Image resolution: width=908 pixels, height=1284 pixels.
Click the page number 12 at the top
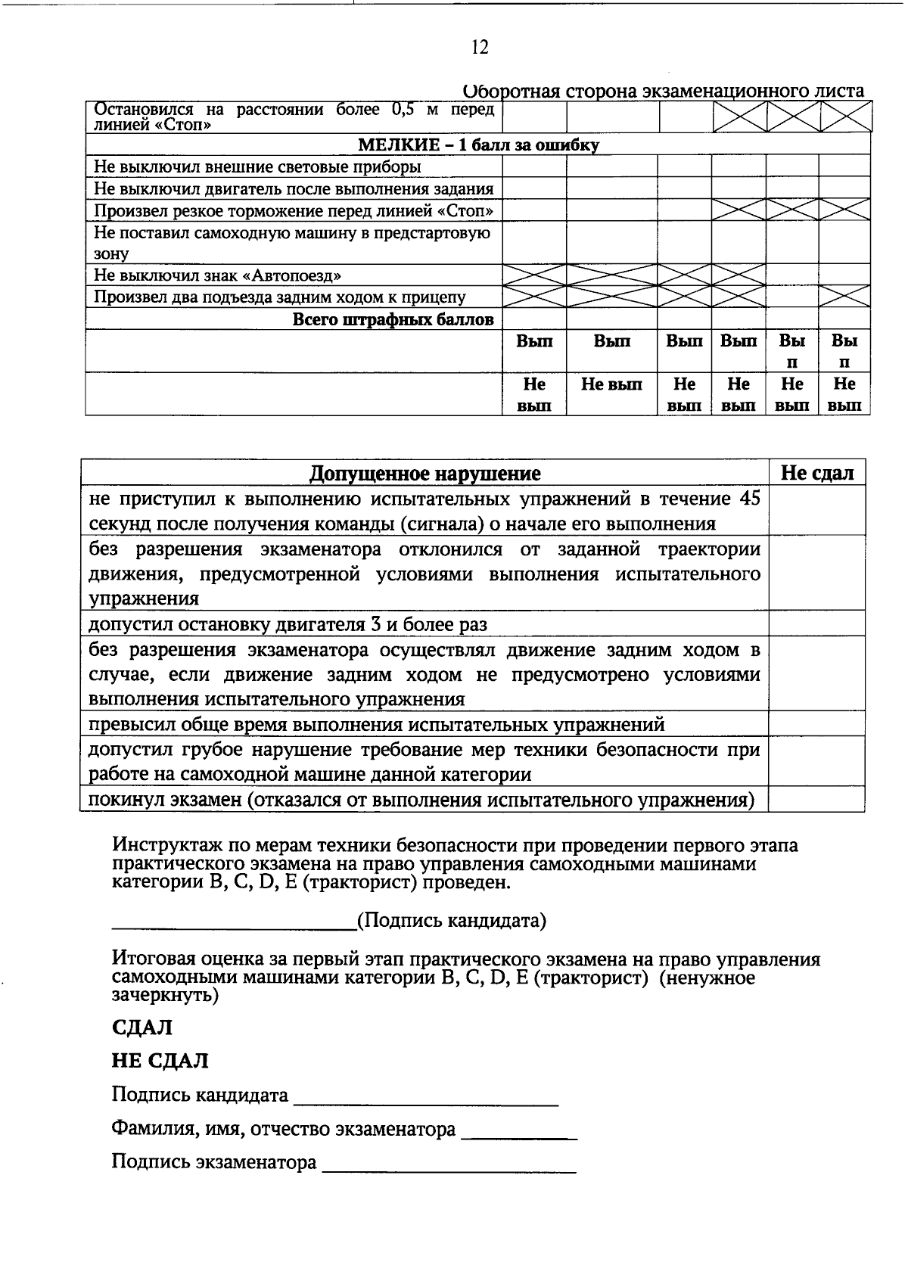click(480, 48)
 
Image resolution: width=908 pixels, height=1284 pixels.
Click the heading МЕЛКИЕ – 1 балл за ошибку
click(478, 145)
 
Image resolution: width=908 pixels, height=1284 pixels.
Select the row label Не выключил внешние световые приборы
click(257, 166)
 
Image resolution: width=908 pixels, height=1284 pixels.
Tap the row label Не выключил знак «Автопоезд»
click(222, 275)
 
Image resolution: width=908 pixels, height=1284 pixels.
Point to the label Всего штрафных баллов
click(393, 319)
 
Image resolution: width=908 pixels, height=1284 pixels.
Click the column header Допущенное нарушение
click(424, 474)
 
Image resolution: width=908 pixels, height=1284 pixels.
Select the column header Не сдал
click(817, 474)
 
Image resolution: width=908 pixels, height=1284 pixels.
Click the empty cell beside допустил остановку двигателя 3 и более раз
click(817, 624)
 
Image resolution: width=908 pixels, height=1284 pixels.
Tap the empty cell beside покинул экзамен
click(817, 800)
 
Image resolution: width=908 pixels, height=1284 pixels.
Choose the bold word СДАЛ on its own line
click(141, 1028)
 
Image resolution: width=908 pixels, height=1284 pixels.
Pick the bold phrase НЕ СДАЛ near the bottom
click(160, 1061)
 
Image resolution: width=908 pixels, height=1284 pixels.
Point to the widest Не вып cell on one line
click(611, 385)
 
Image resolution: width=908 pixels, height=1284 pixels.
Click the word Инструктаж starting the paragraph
click(160, 845)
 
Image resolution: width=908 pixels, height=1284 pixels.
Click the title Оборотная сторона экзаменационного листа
click(663, 92)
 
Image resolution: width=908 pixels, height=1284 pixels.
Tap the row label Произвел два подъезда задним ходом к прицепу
click(280, 297)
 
